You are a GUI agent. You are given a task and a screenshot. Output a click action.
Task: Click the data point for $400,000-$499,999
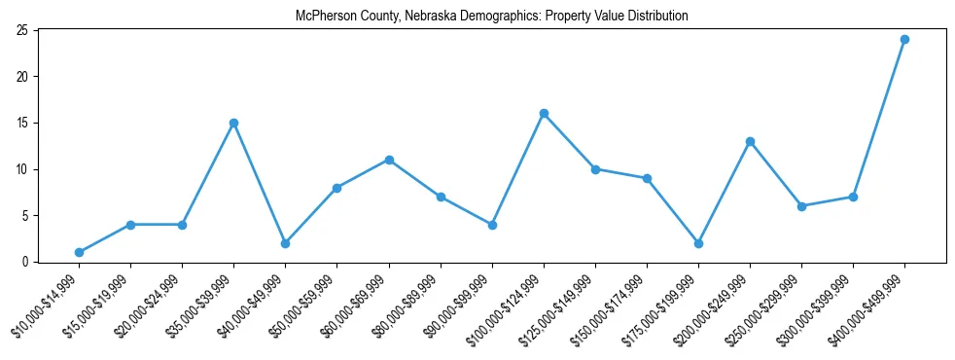click(904, 40)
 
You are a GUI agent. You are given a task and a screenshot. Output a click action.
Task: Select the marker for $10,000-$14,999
click(79, 252)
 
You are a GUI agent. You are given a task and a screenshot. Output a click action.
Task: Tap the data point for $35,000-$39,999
click(233, 123)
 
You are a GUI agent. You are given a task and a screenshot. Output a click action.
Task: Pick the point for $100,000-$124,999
click(544, 114)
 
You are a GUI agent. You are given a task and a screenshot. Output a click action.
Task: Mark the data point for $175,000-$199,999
click(698, 243)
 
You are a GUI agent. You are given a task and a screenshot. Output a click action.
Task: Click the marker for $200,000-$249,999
click(750, 141)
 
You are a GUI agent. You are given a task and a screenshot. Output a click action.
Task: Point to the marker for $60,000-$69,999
click(389, 160)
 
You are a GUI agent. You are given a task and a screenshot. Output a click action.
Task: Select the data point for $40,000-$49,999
click(285, 243)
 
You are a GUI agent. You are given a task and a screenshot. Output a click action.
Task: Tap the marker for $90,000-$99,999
click(492, 225)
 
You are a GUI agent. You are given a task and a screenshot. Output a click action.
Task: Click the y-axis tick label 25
click(21, 30)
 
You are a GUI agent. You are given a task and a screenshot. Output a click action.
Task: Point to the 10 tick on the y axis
click(21, 169)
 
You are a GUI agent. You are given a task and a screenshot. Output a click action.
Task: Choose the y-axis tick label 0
click(24, 262)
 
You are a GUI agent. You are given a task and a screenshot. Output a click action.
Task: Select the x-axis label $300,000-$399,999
click(822, 306)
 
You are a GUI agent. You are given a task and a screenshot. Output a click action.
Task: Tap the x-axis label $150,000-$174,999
click(616, 306)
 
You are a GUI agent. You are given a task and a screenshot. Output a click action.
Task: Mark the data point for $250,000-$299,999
click(801, 206)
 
